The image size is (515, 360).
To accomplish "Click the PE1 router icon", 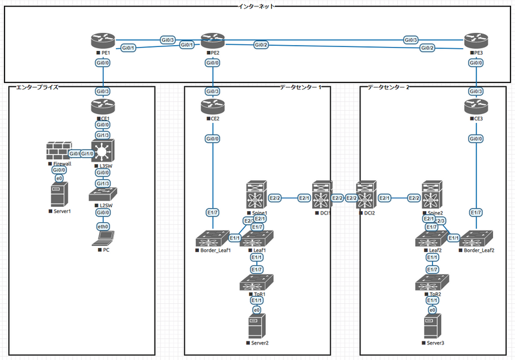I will coord(102,41).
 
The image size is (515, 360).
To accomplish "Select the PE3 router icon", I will coord(475,41).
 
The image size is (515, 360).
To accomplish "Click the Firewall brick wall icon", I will coord(58,152).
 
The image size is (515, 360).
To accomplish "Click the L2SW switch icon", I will coord(102,194).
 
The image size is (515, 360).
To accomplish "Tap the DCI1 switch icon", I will coord(322,196).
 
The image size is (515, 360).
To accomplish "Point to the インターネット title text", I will coord(257,6).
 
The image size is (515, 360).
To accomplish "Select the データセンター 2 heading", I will coord(388,87).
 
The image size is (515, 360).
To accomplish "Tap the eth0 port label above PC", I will coord(102,226).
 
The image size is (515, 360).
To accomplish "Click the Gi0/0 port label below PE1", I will coord(102,63).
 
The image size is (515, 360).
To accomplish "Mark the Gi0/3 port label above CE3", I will coord(475,91).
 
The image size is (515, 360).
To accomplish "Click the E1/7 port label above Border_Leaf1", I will coord(212,212).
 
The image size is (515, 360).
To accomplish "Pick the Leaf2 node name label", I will coord(435,251).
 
